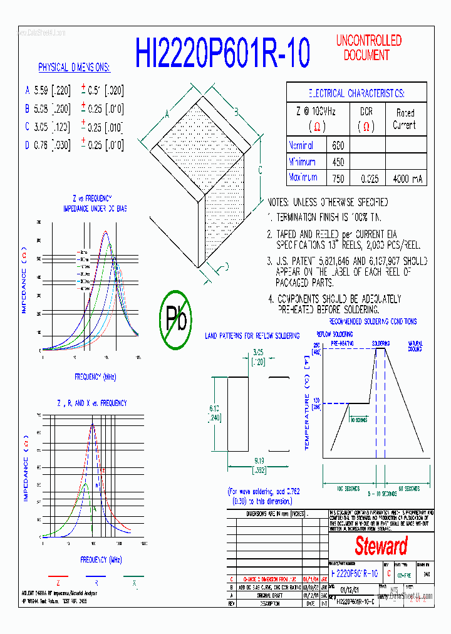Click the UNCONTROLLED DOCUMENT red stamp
(x=368, y=48)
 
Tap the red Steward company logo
(x=381, y=546)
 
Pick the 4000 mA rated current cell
(x=408, y=178)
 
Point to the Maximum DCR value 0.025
(x=370, y=178)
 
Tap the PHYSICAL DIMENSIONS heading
(x=74, y=67)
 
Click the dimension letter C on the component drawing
(x=260, y=170)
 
